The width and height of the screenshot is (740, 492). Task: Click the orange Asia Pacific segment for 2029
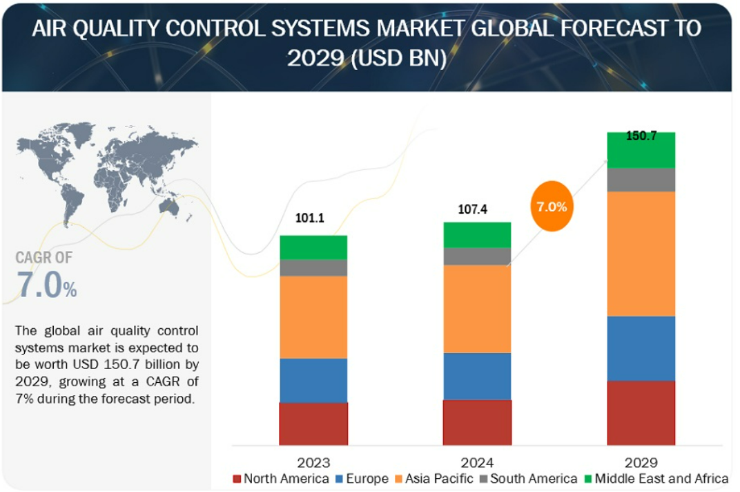(x=641, y=254)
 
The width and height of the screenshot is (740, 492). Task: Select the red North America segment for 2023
(x=313, y=424)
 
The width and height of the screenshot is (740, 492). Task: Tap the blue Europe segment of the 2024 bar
(x=477, y=377)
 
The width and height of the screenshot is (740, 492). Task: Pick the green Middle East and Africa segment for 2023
(x=313, y=247)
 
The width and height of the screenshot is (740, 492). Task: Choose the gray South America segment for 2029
(x=641, y=180)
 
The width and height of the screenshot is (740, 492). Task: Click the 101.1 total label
(x=309, y=218)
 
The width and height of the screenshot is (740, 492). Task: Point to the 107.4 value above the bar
(x=472, y=209)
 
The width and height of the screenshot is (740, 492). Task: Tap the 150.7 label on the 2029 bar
(x=641, y=136)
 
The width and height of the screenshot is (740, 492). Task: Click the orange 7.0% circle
(x=552, y=206)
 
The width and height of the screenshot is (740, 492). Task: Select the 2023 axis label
(x=313, y=462)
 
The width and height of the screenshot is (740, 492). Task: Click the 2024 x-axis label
(x=477, y=462)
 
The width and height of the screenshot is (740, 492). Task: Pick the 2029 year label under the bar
(x=641, y=462)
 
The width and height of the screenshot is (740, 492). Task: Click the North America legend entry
(x=281, y=479)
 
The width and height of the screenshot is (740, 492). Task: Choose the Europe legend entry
(x=362, y=479)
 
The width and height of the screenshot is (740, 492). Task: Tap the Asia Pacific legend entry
(x=434, y=479)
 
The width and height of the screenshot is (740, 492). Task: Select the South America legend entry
(x=529, y=479)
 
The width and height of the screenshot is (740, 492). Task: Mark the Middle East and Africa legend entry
(x=656, y=479)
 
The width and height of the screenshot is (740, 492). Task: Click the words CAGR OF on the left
(x=44, y=258)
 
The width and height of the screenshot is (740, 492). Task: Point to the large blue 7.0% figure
(x=47, y=285)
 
